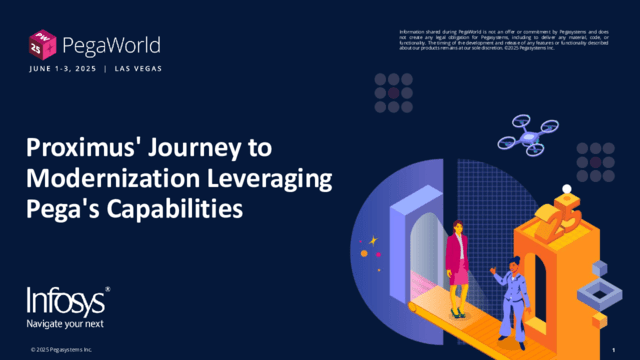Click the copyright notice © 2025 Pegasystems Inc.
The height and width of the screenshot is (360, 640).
61,349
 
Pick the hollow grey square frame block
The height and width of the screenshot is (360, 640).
603,294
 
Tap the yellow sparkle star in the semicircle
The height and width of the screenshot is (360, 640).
373,240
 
